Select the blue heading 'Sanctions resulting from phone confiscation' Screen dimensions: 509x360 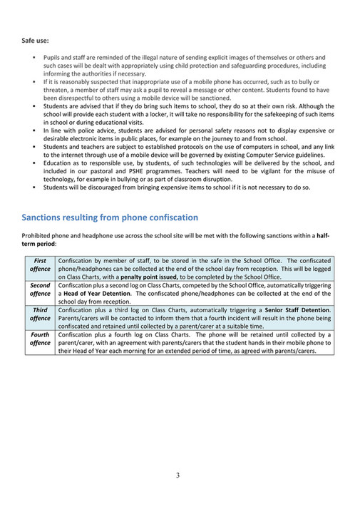pos(110,217)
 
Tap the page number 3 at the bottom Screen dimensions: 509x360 pos(178,475)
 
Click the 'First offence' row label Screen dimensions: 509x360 pos(40,264)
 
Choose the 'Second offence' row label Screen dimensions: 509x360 pos(40,289)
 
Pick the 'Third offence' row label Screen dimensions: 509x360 pos(40,314)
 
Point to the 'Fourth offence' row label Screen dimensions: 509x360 pos(40,339)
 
